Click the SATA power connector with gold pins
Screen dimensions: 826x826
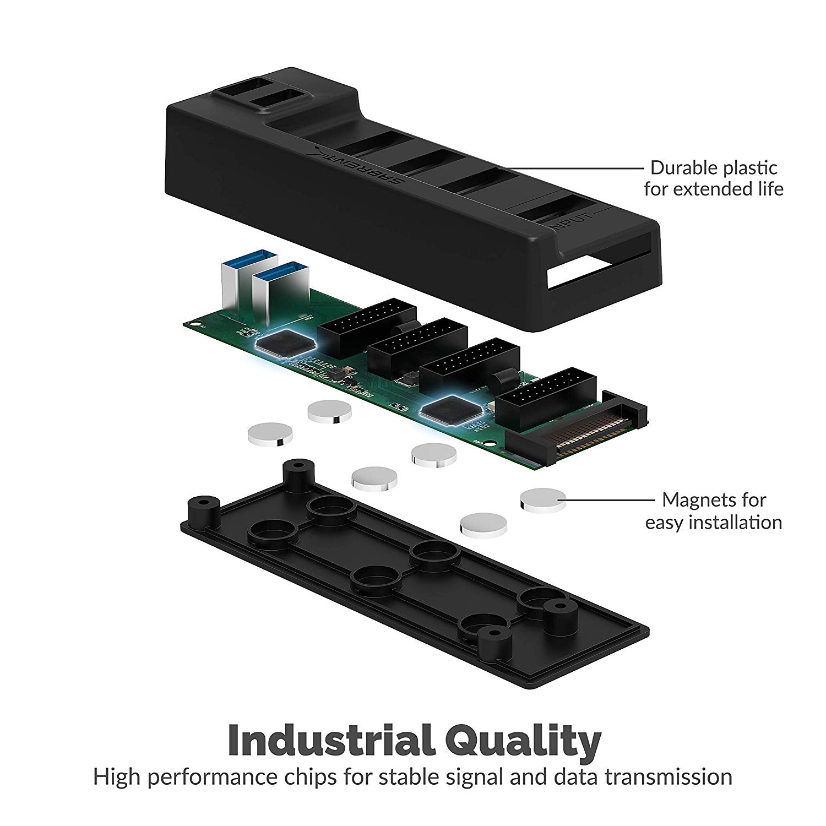click(x=584, y=434)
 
